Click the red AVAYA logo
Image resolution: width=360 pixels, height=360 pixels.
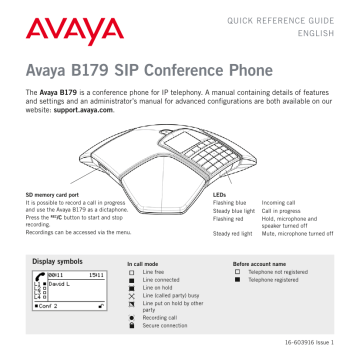[x=62, y=36]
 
